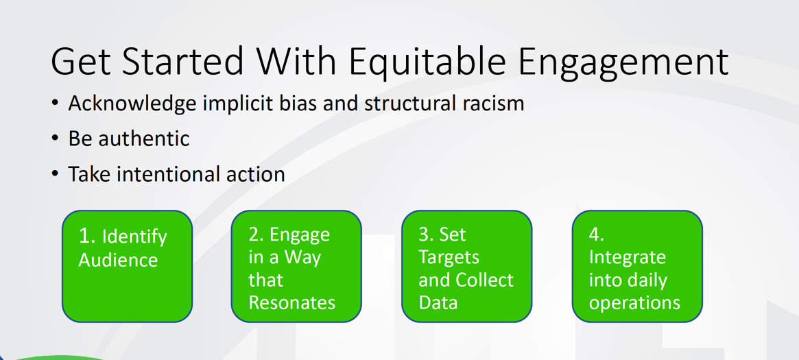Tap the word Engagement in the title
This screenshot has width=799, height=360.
click(623, 61)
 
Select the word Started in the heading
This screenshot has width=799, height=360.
click(182, 61)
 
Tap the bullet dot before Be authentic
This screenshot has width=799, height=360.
click(55, 139)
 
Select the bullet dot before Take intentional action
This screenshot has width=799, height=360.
click(55, 174)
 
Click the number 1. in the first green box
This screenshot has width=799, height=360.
click(87, 237)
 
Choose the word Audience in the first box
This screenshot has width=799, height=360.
click(118, 260)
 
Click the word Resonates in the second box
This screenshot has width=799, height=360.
click(291, 302)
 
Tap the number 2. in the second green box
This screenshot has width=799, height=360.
click(257, 235)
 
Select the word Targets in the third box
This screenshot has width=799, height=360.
click(449, 258)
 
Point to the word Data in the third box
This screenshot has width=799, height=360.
click(438, 302)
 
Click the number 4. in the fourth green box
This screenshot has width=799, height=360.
click(597, 235)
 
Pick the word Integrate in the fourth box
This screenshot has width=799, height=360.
click(627, 257)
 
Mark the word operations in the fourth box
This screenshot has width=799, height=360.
click(634, 302)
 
